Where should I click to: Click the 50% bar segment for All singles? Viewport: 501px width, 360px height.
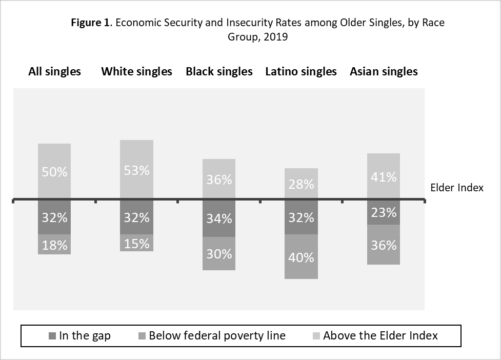tap(54, 171)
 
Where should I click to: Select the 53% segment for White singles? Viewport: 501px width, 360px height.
tap(136, 170)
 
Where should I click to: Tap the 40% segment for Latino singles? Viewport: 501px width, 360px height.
tap(301, 256)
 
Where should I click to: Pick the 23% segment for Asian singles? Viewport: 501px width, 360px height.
tap(384, 212)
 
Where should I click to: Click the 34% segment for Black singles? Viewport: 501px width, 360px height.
tap(219, 218)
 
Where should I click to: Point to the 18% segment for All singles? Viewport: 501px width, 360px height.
tap(54, 245)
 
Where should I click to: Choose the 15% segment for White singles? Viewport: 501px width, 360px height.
tap(136, 243)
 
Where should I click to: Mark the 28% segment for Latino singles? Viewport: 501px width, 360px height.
tap(301, 184)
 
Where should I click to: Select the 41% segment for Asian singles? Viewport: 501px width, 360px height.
tap(384, 176)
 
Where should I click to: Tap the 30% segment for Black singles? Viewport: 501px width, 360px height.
tap(219, 253)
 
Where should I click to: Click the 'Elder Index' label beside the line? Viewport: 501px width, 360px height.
tap(457, 188)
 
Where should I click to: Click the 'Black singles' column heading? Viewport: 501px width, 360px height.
tap(219, 72)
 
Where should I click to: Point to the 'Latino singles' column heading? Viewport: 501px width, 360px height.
tap(300, 72)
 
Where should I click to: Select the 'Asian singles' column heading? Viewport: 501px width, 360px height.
tap(384, 72)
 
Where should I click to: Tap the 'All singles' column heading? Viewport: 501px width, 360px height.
tap(54, 72)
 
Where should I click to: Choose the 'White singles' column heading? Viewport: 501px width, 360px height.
tap(136, 72)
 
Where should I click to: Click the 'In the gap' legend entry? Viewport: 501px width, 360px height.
tap(79, 336)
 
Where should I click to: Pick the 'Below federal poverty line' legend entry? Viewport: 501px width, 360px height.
tap(211, 336)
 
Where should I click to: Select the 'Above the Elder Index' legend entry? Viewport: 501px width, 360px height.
tap(375, 336)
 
